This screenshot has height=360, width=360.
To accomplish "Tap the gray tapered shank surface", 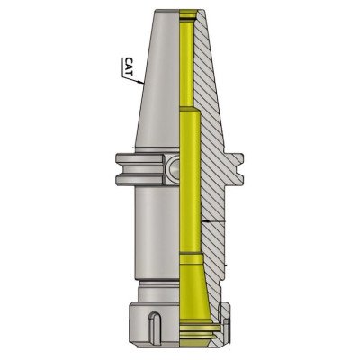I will (x=159, y=99).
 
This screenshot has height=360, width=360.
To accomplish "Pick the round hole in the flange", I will (x=173, y=166).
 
